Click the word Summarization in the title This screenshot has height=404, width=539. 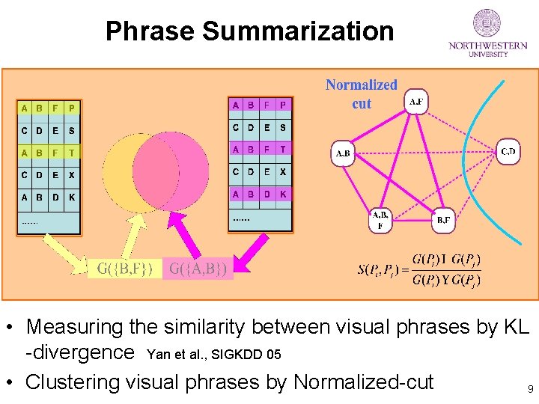(297, 31)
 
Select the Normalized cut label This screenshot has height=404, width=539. (361, 94)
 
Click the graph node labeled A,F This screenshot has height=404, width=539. (415, 102)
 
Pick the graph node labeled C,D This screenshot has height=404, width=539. (508, 153)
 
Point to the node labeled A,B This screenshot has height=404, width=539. (343, 154)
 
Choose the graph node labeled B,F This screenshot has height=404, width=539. (444, 220)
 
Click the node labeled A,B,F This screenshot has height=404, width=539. (380, 219)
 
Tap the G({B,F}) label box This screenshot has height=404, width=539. (125, 268)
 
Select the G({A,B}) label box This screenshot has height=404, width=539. (198, 268)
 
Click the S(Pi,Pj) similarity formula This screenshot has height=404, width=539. (420, 269)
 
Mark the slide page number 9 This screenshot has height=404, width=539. (529, 389)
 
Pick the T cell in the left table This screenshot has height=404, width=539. (71, 153)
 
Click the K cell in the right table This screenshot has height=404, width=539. (282, 195)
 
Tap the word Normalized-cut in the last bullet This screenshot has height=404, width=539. (364, 382)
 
